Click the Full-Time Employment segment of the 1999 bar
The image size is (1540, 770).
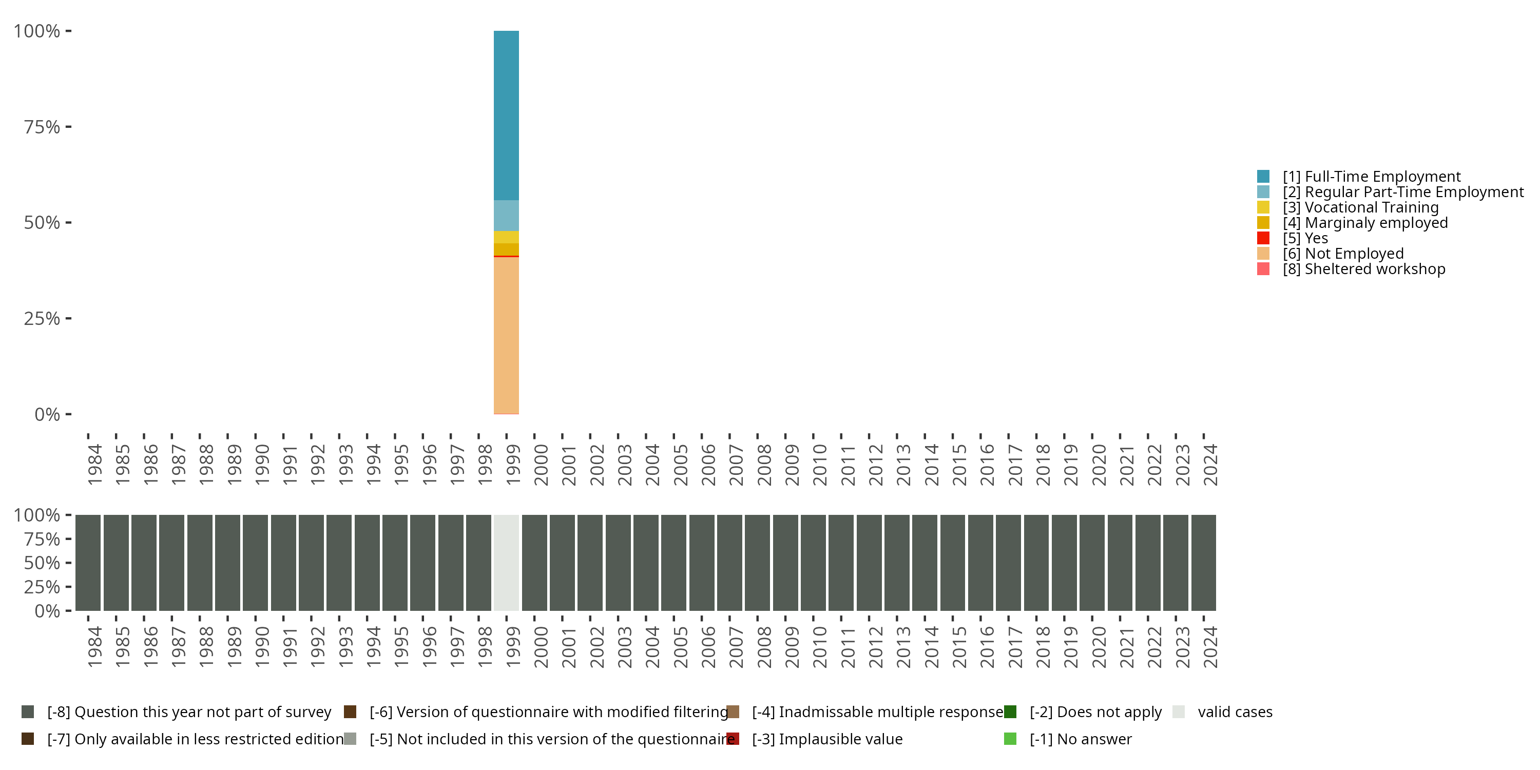point(506,115)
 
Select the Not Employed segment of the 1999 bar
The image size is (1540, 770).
point(506,335)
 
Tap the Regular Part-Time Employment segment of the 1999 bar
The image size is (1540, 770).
point(506,215)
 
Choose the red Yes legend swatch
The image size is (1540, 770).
point(1263,238)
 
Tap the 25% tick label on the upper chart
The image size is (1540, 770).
point(42,319)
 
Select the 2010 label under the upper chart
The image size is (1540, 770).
point(820,465)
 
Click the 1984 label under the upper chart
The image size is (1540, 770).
point(94,465)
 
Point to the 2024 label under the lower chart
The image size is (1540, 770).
point(1210,647)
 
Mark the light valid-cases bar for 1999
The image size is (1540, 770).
point(506,563)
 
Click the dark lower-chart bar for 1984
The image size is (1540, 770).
point(88,563)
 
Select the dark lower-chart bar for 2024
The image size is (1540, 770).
point(1203,563)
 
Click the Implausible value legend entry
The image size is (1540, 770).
point(827,739)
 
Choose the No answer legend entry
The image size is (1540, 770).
point(1080,739)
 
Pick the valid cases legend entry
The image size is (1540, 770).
point(1235,712)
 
